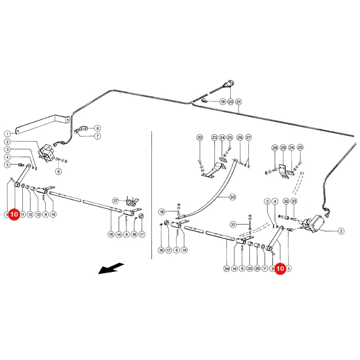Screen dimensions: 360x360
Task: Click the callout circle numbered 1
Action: pyautogui.click(x=7, y=134)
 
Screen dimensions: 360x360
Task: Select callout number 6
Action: pyautogui.click(x=98, y=128)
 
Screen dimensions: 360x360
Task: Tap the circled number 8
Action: pyautogui.click(x=58, y=172)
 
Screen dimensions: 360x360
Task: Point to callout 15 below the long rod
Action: pyautogui.click(x=111, y=234)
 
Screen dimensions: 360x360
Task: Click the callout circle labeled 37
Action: pyautogui.click(x=116, y=201)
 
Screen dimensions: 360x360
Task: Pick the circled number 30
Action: pyautogui.click(x=232, y=197)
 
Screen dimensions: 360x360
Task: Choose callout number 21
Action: pyautogui.click(x=239, y=102)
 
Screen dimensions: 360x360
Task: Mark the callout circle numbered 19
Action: pyautogui.click(x=223, y=102)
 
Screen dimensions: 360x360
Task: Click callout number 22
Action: pyautogui.click(x=200, y=138)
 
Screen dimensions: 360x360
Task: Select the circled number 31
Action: pyautogui.click(x=233, y=224)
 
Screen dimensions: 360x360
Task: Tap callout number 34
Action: pyautogui.click(x=227, y=268)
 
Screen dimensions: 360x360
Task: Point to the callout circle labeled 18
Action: pyautogui.click(x=162, y=212)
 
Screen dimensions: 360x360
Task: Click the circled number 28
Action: pyautogui.click(x=275, y=148)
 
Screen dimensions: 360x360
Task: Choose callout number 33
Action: pyautogui.click(x=294, y=201)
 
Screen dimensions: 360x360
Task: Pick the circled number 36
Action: pyautogui.click(x=257, y=268)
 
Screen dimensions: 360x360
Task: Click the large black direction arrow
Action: pyautogui.click(x=111, y=268)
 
